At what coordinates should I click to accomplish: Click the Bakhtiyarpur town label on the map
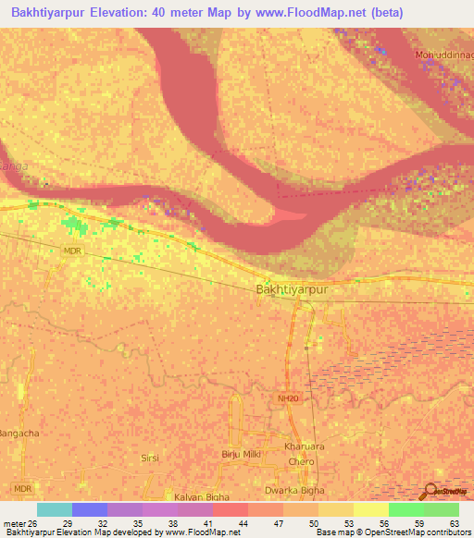click(x=292, y=289)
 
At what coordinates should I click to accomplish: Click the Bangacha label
click(x=19, y=434)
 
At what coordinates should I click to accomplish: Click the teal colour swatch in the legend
click(x=55, y=509)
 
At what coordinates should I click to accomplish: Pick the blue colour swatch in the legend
click(x=90, y=509)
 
